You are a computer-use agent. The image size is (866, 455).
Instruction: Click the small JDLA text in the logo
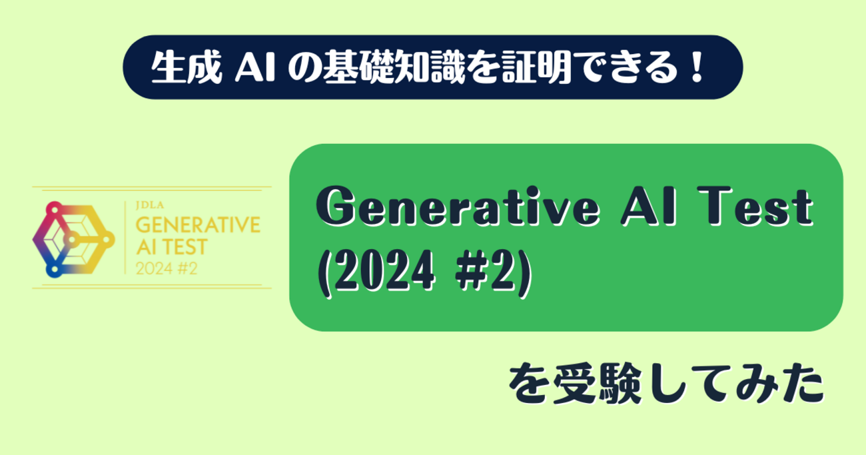click(x=150, y=205)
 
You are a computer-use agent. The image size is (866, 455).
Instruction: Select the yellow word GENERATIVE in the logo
click(x=198, y=225)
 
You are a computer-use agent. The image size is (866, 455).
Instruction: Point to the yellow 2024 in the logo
click(x=154, y=268)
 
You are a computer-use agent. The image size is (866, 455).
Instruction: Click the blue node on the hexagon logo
click(x=55, y=269)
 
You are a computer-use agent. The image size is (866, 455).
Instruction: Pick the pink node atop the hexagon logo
click(x=55, y=209)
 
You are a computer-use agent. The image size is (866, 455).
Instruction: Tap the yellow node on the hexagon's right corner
click(x=107, y=239)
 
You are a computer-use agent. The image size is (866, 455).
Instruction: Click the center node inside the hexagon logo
click(x=71, y=240)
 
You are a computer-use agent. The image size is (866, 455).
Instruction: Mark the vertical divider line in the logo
click(x=125, y=238)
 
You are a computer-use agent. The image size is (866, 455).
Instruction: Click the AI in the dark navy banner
click(x=255, y=68)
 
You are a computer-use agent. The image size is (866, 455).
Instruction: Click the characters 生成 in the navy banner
click(x=187, y=67)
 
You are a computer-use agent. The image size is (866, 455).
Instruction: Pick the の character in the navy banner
click(x=304, y=68)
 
